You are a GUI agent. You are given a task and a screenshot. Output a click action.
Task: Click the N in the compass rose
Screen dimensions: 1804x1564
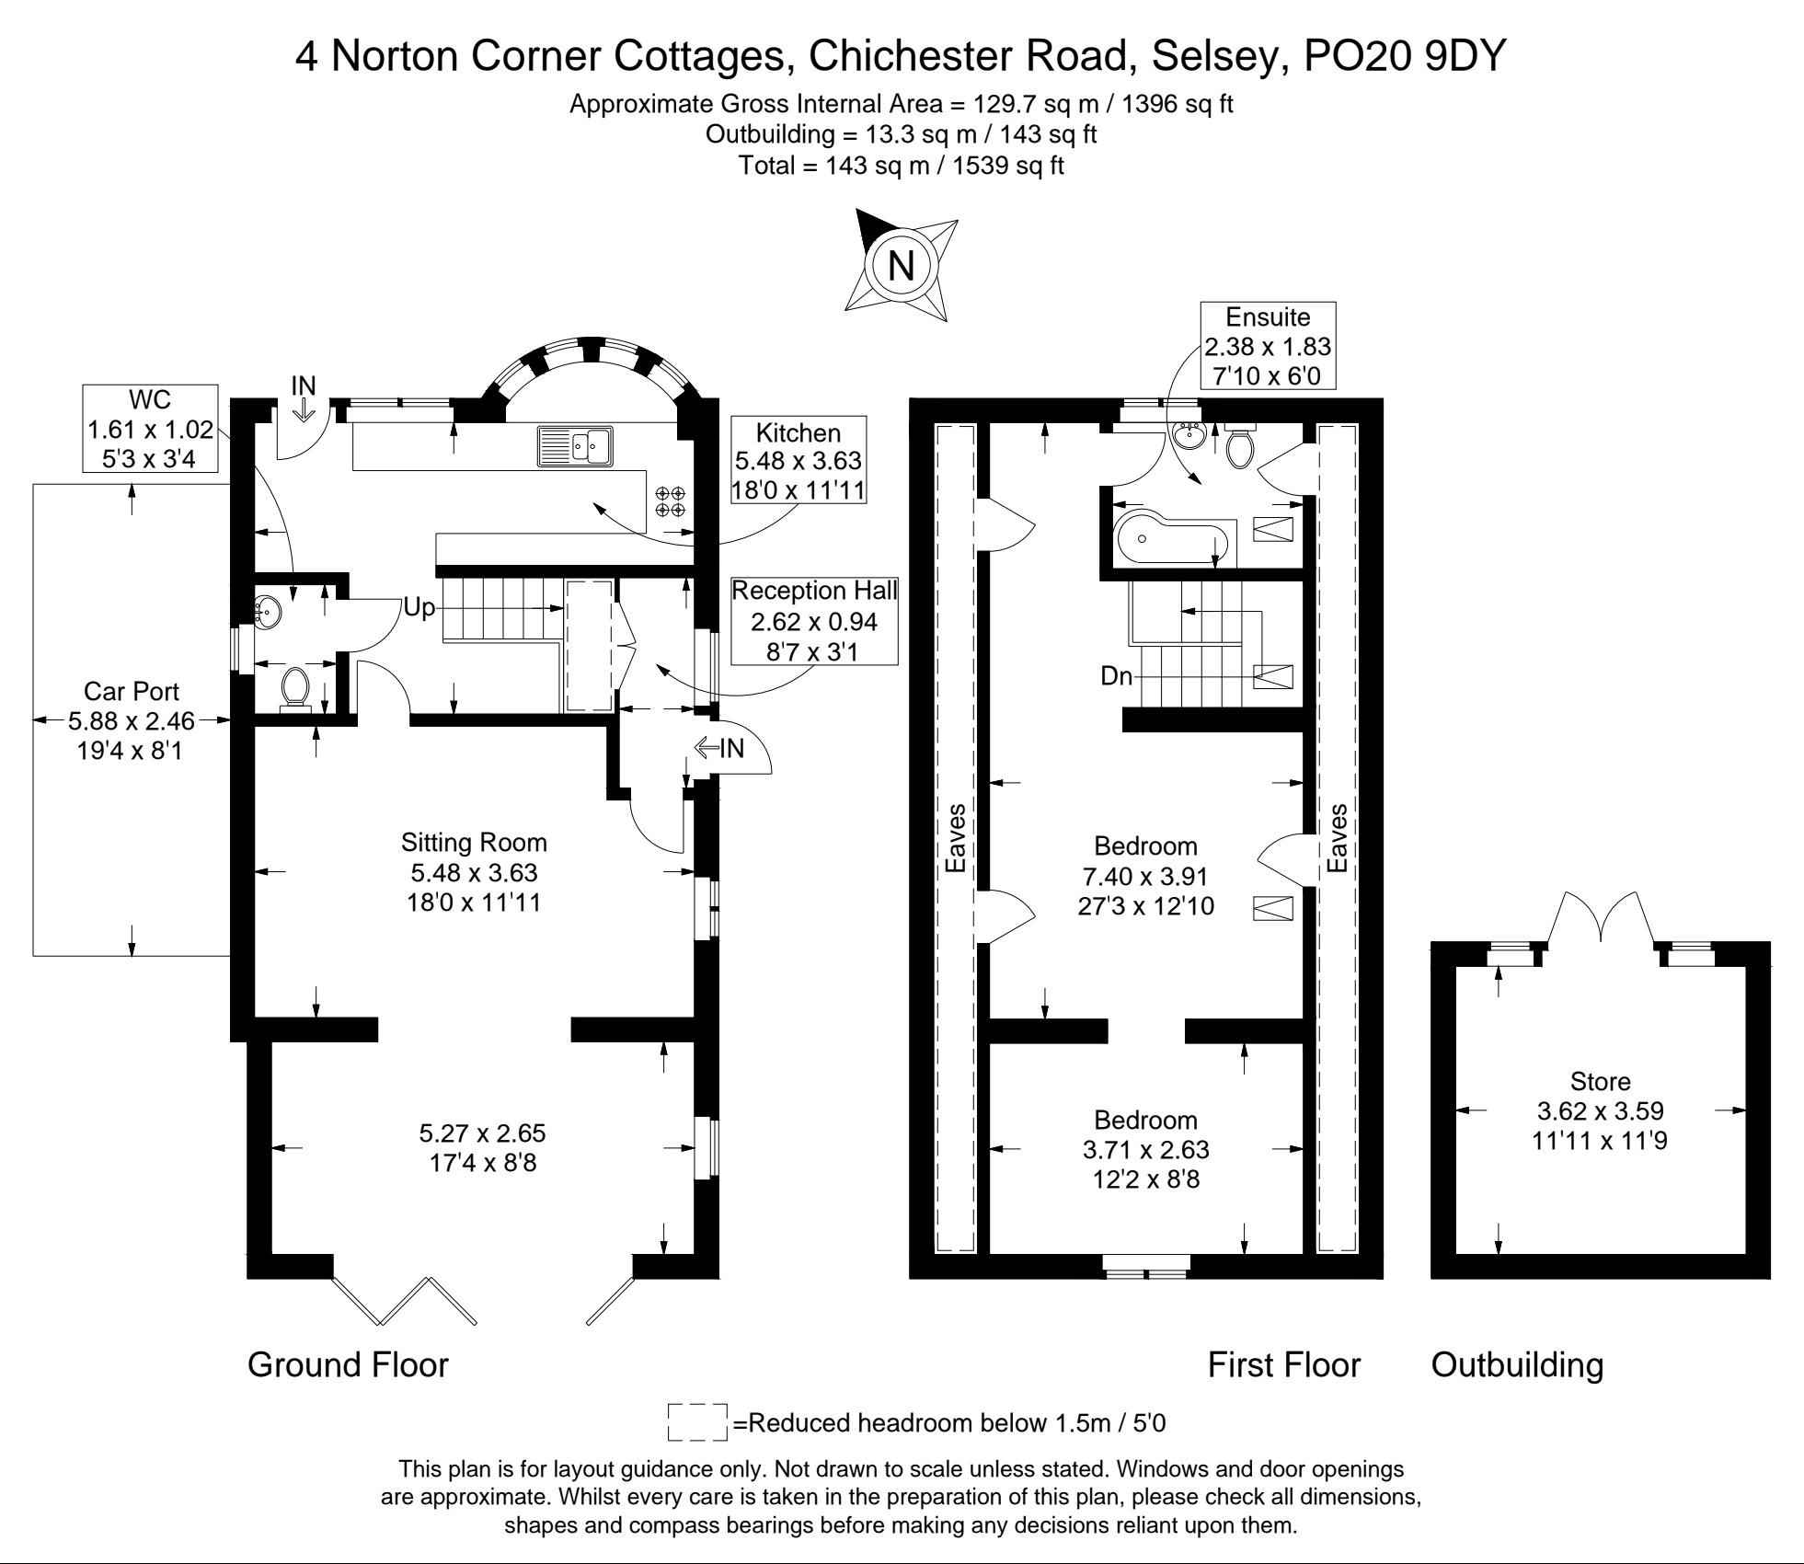[901, 266]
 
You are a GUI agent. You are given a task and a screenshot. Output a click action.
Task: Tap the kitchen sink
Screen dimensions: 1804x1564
[576, 446]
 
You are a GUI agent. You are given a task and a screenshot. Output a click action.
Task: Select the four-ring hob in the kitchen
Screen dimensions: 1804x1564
[670, 501]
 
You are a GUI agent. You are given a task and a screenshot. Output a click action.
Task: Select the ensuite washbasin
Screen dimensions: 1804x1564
[1191, 434]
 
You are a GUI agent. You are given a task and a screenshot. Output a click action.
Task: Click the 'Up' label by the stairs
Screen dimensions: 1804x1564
[419, 608]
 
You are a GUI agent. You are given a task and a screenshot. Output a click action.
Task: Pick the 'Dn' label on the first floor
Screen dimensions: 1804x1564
[1116, 676]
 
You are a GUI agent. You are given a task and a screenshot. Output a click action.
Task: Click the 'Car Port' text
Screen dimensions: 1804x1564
[131, 691]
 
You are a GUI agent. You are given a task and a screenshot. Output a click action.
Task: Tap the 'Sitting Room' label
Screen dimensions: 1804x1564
[474, 843]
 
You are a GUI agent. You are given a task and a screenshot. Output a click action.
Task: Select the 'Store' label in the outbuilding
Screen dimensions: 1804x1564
[1600, 1081]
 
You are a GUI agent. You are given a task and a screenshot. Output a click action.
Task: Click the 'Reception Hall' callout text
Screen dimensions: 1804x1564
[814, 591]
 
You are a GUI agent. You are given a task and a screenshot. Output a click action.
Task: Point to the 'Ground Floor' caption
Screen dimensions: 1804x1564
[348, 1364]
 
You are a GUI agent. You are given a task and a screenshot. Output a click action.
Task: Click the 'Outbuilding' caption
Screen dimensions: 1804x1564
[1517, 1364]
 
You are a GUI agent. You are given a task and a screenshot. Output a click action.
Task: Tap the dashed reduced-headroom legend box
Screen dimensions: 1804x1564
[697, 1421]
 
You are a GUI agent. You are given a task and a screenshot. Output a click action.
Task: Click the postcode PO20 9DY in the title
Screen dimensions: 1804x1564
[1405, 55]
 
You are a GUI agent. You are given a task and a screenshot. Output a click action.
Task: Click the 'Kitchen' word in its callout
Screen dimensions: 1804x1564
[799, 432]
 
